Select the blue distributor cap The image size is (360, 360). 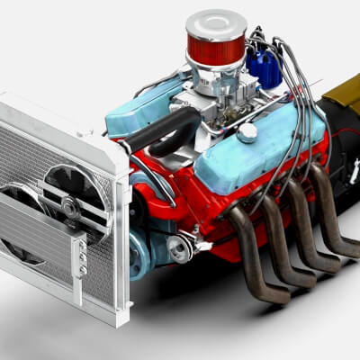(264, 64)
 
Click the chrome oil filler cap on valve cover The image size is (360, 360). (247, 132)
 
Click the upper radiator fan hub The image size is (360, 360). (70, 206)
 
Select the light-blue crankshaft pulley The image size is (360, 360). (139, 256)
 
